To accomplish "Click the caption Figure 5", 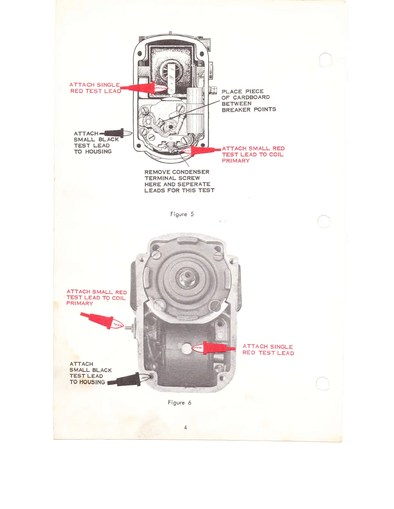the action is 182,214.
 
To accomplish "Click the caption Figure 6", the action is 179,402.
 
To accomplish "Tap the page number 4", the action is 185,427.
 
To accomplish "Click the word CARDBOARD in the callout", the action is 251,97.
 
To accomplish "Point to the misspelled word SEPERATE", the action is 194,184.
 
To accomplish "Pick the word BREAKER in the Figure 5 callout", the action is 236,110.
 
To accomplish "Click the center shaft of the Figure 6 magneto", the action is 186,277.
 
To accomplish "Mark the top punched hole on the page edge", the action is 325,59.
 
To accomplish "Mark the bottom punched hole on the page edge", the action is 323,383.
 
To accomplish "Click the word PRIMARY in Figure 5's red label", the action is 236,161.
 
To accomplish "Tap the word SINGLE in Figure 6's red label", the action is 281,346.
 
